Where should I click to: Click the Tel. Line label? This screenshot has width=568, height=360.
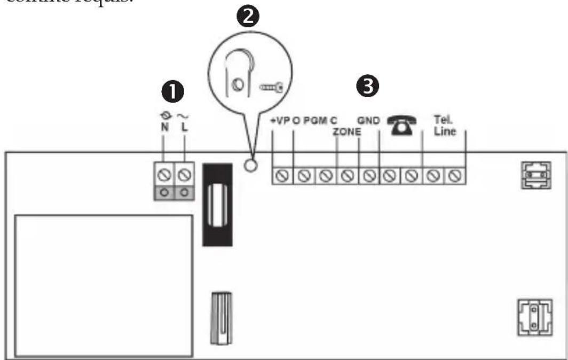[444, 126]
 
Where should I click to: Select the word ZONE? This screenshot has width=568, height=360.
[348, 131]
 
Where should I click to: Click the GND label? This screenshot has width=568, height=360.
[368, 121]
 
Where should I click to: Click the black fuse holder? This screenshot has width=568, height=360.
[216, 205]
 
